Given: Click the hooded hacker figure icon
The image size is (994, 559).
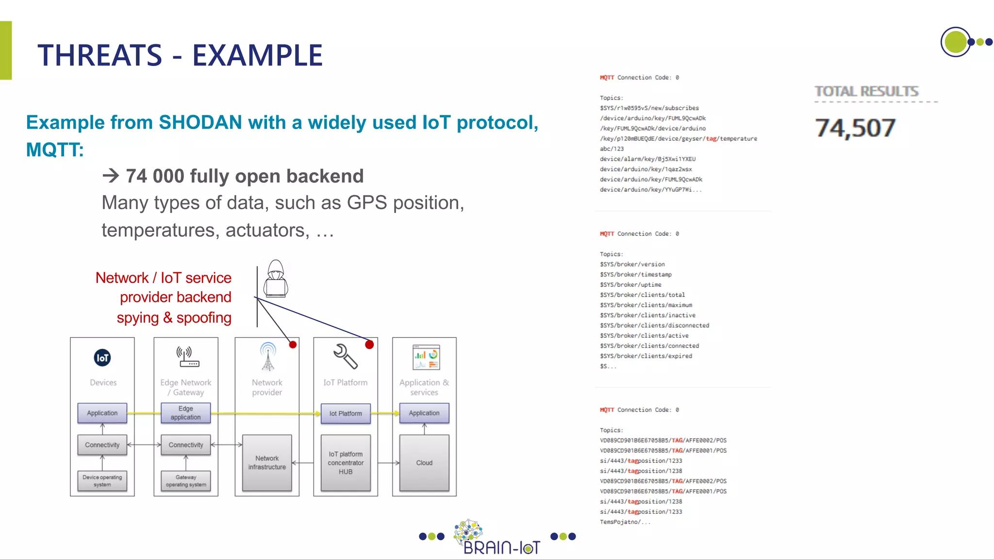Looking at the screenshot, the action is [x=276, y=279].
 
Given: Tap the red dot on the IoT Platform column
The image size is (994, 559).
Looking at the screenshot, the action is [x=369, y=345].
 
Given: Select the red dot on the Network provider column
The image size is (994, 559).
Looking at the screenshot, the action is [x=293, y=345].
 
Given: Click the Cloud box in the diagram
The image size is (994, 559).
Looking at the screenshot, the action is [x=424, y=463].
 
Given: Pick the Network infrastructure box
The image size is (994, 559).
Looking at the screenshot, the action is [x=267, y=463].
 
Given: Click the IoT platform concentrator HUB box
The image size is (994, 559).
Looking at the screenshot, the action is [x=346, y=463].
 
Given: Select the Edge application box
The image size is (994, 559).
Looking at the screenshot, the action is [x=185, y=413].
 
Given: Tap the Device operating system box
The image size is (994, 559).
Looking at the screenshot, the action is [x=102, y=481].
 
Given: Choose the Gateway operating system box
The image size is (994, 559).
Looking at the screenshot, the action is [x=186, y=481].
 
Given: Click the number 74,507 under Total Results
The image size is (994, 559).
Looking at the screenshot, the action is [x=855, y=128].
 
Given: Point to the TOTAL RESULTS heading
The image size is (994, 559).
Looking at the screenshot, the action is [x=866, y=91].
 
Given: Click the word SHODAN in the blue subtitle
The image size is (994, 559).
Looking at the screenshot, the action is [x=200, y=122].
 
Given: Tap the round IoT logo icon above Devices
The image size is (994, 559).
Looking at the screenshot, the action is [x=102, y=358].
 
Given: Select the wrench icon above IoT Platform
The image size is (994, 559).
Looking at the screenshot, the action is [x=345, y=357].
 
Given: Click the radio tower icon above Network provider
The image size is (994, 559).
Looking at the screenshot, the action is [x=268, y=357].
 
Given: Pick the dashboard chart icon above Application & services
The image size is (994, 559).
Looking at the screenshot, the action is [x=426, y=357].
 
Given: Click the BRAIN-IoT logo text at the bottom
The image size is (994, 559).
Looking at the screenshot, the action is [x=501, y=547].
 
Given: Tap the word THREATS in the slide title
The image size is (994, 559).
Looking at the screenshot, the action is [x=100, y=55].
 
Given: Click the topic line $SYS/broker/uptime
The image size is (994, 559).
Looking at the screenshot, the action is [x=630, y=285].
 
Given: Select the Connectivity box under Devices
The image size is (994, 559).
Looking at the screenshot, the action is [x=102, y=445].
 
